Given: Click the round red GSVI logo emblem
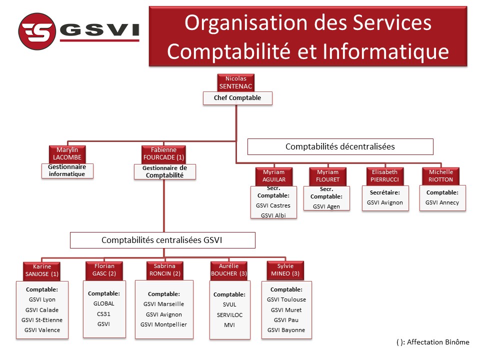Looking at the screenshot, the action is (x=37, y=31).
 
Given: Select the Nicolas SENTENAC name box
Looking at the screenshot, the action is (x=235, y=82).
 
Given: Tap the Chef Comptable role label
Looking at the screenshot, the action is (x=237, y=98).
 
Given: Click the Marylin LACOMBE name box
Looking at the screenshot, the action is (x=67, y=154).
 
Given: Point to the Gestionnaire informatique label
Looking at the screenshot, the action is (x=67, y=170).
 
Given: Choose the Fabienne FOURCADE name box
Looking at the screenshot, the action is (x=164, y=154).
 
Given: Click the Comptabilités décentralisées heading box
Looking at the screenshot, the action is (x=340, y=146).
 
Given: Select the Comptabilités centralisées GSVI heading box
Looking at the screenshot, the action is (x=162, y=240).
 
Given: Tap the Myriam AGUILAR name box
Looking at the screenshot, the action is (x=274, y=176).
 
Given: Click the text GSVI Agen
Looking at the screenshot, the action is (x=326, y=206).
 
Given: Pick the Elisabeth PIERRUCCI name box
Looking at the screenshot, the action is (x=385, y=176).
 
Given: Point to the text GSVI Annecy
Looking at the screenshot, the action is (x=442, y=202).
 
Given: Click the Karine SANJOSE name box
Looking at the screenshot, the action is (x=42, y=270).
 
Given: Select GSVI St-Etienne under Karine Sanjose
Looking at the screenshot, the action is (x=42, y=320).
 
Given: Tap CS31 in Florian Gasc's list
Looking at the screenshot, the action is (x=104, y=314).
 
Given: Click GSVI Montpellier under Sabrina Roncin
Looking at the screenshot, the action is (x=164, y=325).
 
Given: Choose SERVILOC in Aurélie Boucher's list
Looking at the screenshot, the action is (x=229, y=315).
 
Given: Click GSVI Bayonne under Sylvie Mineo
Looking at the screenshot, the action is (x=286, y=330).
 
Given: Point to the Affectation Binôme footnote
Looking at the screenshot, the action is (x=433, y=342).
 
